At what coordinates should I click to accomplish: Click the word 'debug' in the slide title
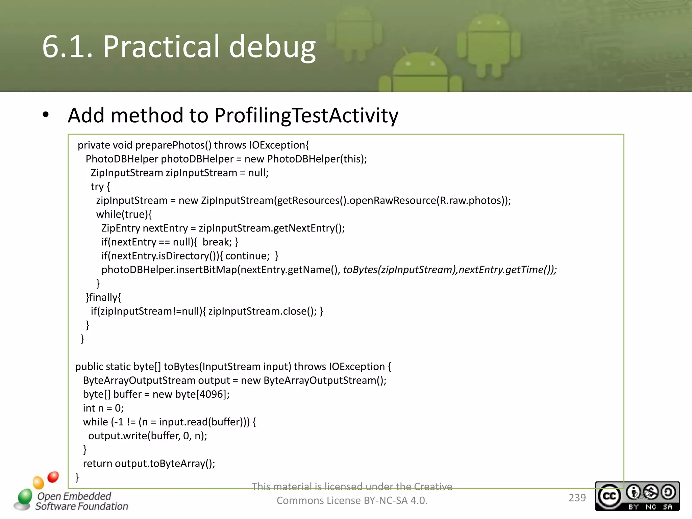pos(272,47)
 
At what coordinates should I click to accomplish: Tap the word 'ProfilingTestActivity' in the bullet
pos(306,115)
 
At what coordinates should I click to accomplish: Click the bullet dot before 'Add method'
pos(46,115)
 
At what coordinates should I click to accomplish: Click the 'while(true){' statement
pos(124,214)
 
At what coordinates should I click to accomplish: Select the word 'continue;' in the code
pos(247,256)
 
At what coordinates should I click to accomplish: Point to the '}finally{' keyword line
pos(103,297)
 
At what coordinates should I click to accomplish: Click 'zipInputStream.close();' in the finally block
pos(263,311)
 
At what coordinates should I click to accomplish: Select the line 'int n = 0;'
pos(103,408)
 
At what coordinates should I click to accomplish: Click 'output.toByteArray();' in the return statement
pos(165,464)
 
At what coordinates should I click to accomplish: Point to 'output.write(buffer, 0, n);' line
pos(148,436)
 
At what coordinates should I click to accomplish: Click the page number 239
pos(577,498)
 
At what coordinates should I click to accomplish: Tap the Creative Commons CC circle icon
pos(609,496)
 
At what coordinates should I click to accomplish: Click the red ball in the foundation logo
pos(53,477)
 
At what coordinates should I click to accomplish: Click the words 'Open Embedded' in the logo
pos(74,496)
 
